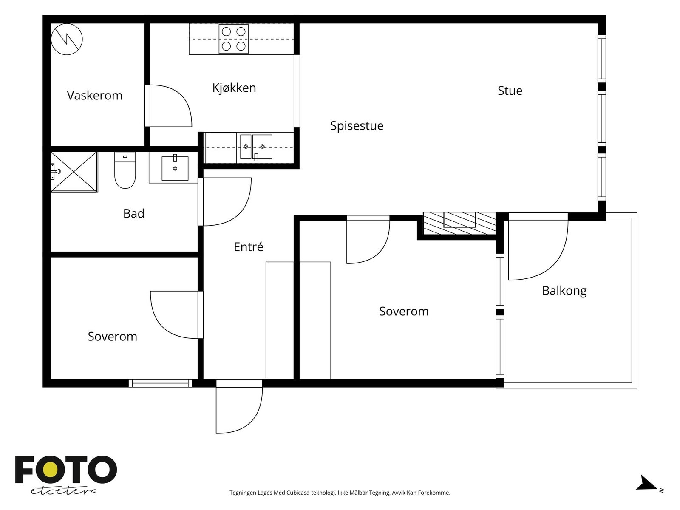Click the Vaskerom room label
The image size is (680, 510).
pos(94,95)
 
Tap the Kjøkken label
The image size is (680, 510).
pos(234,88)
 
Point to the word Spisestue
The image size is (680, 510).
pos(357,126)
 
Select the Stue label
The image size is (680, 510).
pos(510,91)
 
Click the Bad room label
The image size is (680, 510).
pos(134,214)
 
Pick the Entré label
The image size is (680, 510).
pos(249,247)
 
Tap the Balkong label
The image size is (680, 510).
pos(564,291)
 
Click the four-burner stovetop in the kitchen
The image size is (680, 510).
pos(234,39)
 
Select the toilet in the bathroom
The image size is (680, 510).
pos(125,170)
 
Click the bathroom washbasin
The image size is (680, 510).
pos(175,168)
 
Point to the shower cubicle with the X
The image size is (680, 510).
pos(74,172)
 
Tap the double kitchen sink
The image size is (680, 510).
pos(256,147)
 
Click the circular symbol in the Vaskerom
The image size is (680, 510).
pos(67,40)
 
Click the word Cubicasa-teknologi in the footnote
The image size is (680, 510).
pos(312,493)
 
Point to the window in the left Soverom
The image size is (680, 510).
pos(160,383)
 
